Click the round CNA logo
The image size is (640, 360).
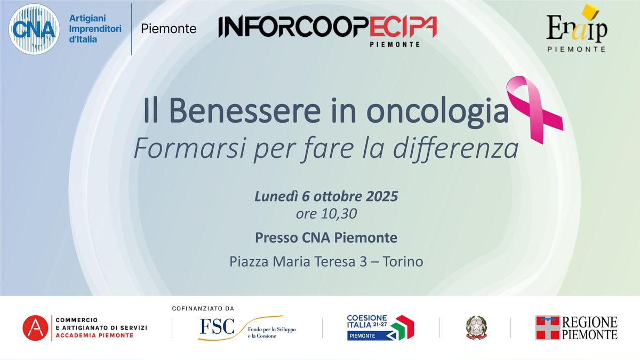pos(34,29)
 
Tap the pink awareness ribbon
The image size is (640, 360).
pos(534,110)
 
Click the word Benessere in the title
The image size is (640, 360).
pos(245,110)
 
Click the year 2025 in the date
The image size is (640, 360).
pos(382,196)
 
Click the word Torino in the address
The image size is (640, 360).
pos(403,261)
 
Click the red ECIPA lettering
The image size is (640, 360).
pos(403,27)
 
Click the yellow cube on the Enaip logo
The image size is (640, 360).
pos(590,13)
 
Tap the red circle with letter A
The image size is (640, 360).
pos(35,327)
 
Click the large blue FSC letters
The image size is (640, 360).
pos(217,326)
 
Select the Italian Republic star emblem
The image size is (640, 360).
pos(476,327)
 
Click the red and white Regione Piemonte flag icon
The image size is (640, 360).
pos(548,327)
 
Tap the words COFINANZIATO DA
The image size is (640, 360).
pos(203,309)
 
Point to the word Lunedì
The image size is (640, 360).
pos(276,196)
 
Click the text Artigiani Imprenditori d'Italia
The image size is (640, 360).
pos(95,29)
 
